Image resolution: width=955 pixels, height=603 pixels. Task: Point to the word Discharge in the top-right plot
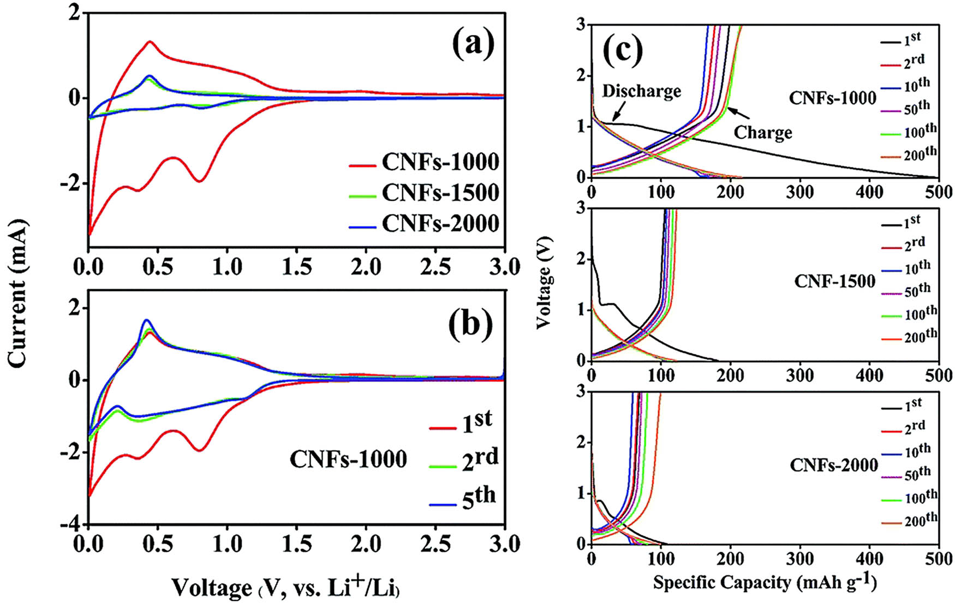tap(641, 91)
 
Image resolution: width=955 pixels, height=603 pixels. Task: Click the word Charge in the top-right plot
tap(762, 133)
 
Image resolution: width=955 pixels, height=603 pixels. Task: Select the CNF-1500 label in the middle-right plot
tap(834, 282)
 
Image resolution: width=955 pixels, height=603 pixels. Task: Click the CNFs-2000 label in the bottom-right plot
tap(833, 465)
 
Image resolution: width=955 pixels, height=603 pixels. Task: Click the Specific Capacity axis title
tap(765, 583)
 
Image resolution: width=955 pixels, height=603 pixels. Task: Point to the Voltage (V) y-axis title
tap(544, 282)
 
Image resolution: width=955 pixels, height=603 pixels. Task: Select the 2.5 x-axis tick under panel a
tap(435, 267)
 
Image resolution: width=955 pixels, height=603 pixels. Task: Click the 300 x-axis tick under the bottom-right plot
tap(800, 559)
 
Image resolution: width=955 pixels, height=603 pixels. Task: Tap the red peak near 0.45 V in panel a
tap(150, 41)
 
